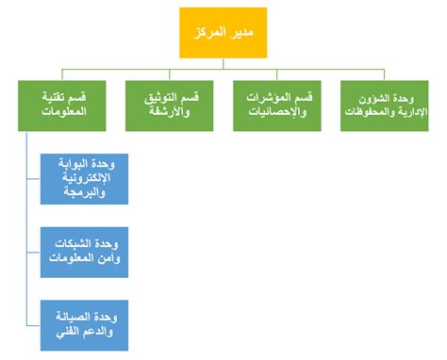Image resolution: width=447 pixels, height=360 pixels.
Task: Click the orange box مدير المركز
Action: pos(223,33)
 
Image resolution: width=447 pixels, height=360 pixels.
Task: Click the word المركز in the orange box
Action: pos(208,33)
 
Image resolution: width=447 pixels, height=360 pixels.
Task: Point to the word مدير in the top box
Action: pos(243,33)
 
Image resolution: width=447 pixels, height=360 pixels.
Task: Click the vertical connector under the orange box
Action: pos(223,63)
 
